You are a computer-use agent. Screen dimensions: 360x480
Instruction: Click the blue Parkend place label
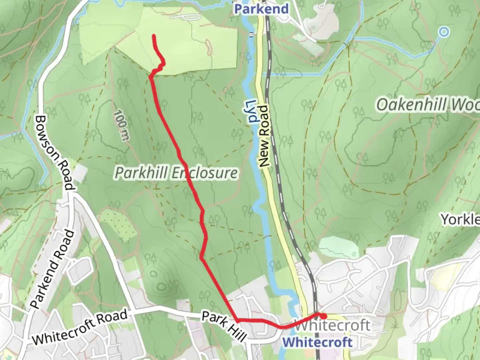(x=261, y=9)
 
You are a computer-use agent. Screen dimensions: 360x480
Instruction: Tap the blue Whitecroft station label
(x=317, y=342)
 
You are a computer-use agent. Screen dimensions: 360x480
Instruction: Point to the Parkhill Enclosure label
(x=176, y=173)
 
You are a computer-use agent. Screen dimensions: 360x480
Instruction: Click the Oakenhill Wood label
(x=428, y=105)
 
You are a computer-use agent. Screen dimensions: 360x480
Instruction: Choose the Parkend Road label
(x=53, y=269)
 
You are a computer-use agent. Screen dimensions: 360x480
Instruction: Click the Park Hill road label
(x=224, y=326)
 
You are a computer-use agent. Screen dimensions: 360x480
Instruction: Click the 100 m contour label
(x=120, y=125)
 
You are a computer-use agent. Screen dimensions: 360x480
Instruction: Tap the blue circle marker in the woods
(x=444, y=32)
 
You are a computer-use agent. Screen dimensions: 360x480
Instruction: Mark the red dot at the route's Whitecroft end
(x=323, y=316)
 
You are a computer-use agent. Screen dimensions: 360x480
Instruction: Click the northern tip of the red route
(x=154, y=35)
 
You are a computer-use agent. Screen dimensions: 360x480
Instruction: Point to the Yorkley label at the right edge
(x=460, y=220)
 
